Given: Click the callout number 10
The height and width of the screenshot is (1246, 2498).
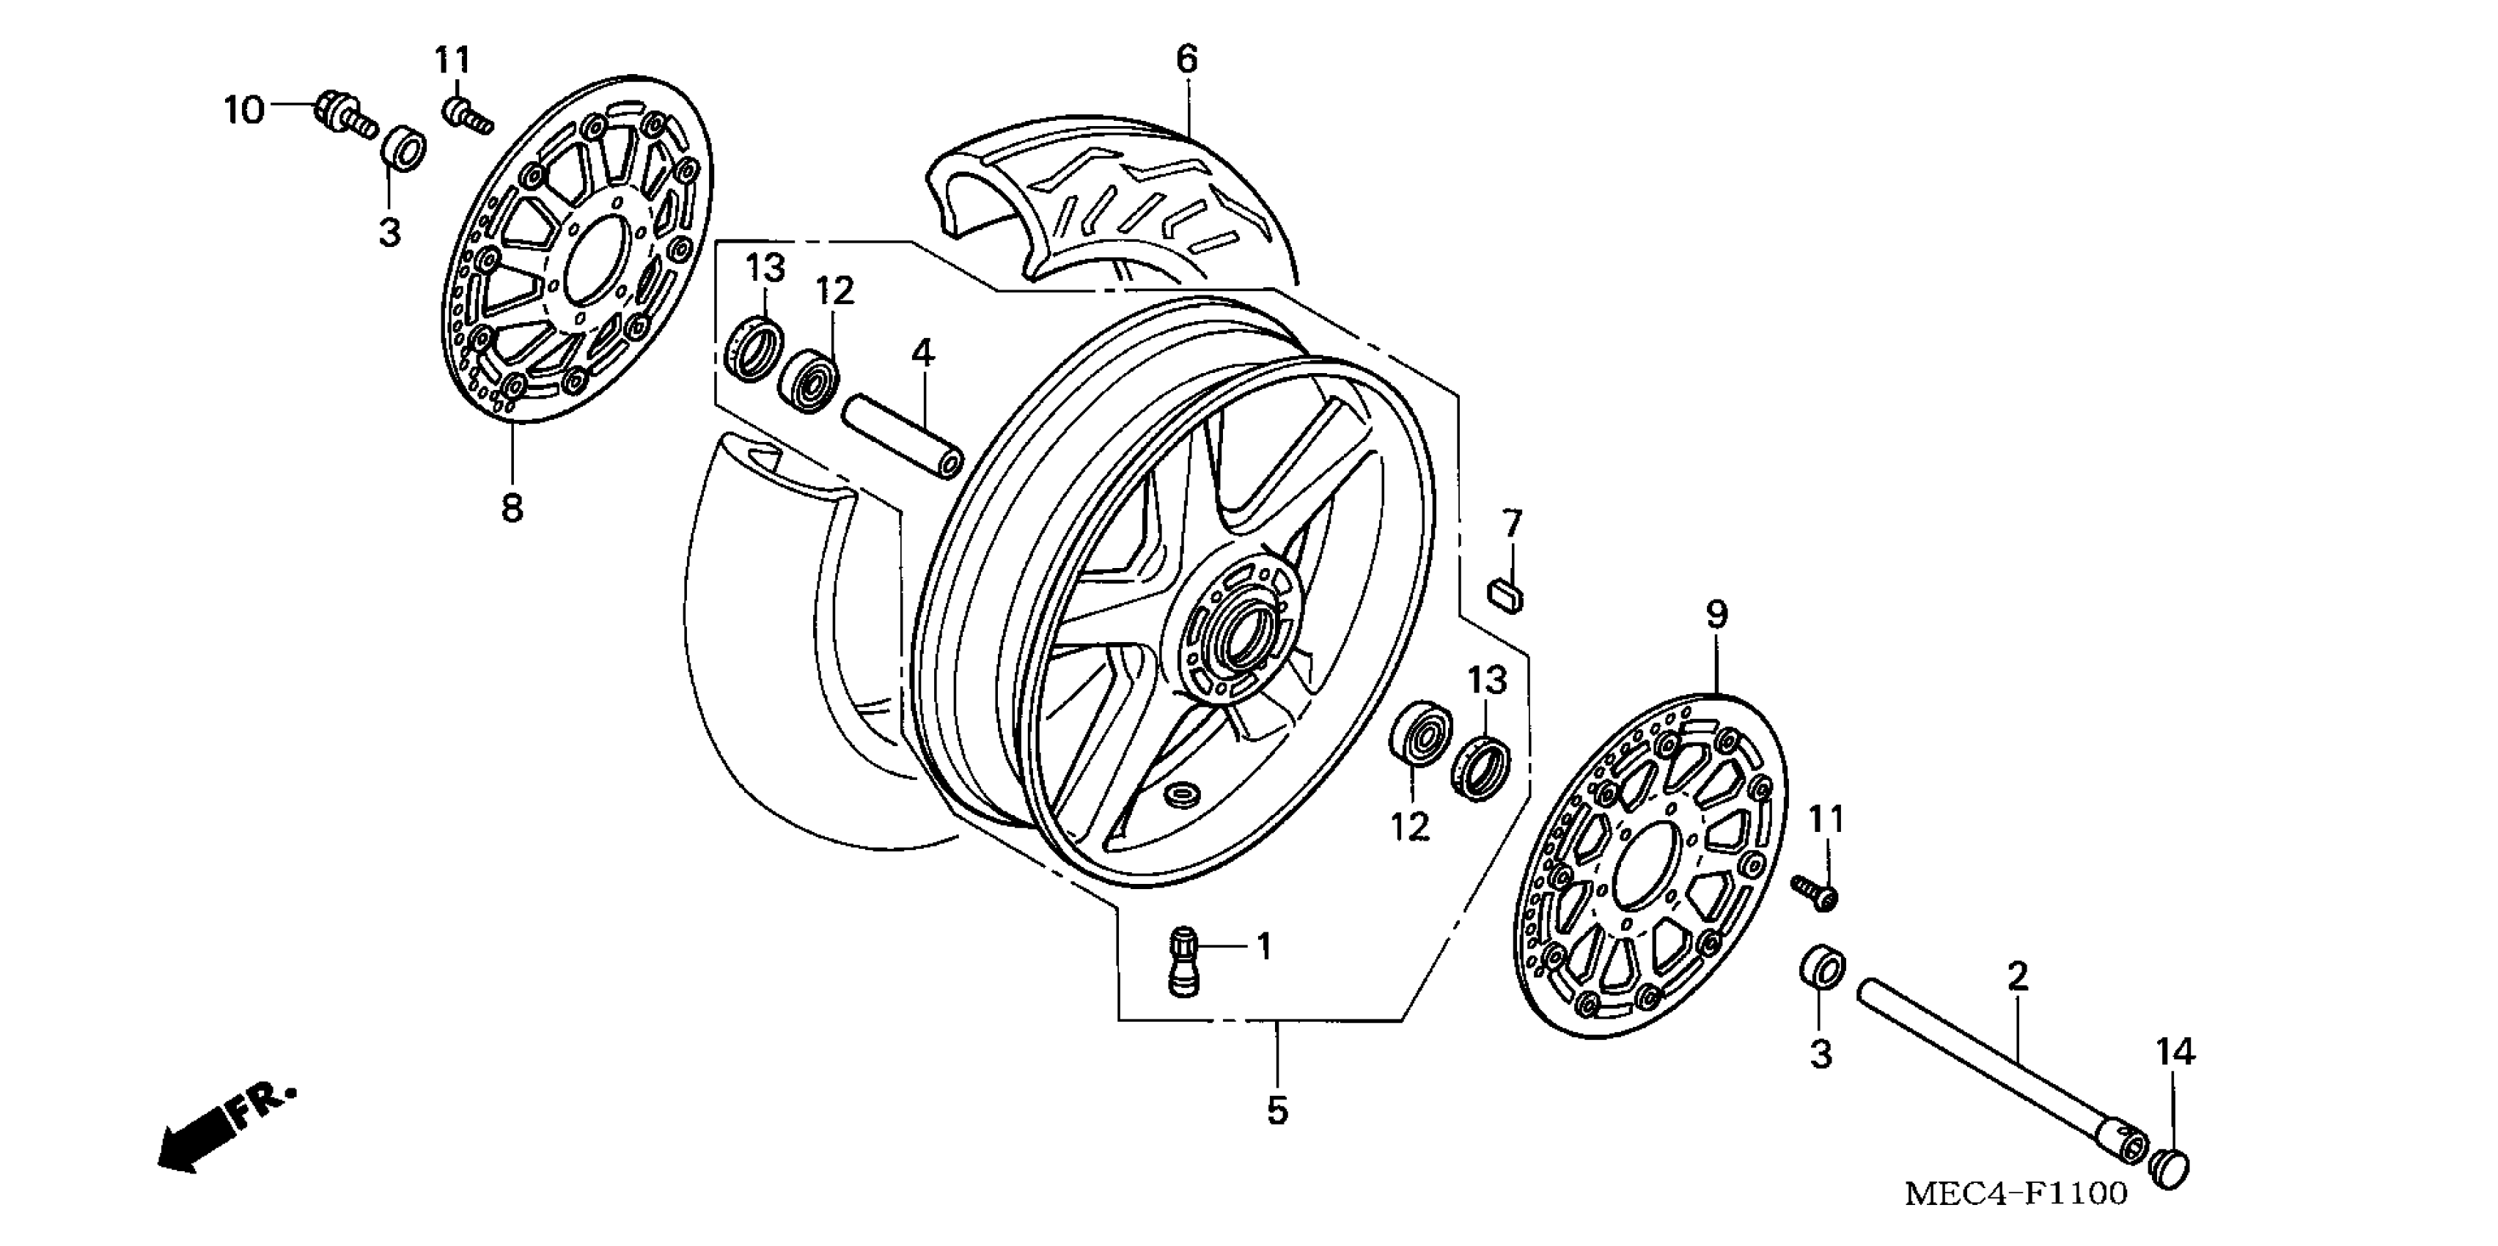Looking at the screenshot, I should pos(243,111).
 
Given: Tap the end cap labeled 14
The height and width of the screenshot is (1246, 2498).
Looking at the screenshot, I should pos(2172,1168).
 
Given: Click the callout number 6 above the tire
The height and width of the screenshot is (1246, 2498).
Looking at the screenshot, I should pos(1187,60).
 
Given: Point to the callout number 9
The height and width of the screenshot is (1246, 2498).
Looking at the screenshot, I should pos(1716,613).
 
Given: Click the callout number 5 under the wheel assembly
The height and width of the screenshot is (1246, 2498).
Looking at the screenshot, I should pos(1277,1111).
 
